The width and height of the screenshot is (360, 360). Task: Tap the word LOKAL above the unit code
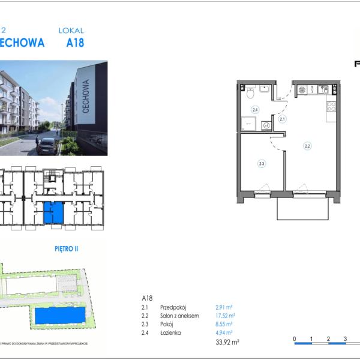pyautogui.click(x=71, y=30)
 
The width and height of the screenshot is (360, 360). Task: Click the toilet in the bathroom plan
pyautogui.click(x=250, y=92)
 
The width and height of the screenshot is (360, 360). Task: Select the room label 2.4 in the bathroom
pyautogui.click(x=255, y=110)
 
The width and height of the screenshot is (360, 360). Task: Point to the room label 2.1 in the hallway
pyautogui.click(x=282, y=119)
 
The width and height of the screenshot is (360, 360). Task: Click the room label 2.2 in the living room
pyautogui.click(x=307, y=145)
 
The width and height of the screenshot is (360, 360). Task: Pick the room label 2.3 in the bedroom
pyautogui.click(x=262, y=162)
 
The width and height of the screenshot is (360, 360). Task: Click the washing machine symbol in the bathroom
pyautogui.click(x=265, y=126)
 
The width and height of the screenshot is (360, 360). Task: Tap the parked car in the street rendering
pyautogui.click(x=47, y=145)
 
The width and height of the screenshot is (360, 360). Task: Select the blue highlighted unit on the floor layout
pyautogui.click(x=53, y=212)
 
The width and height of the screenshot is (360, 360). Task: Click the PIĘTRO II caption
pyautogui.click(x=71, y=248)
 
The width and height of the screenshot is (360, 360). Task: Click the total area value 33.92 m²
pyautogui.click(x=227, y=343)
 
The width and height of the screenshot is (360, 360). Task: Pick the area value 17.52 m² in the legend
pyautogui.click(x=225, y=315)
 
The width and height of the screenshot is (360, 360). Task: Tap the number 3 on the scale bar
pyautogui.click(x=345, y=339)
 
